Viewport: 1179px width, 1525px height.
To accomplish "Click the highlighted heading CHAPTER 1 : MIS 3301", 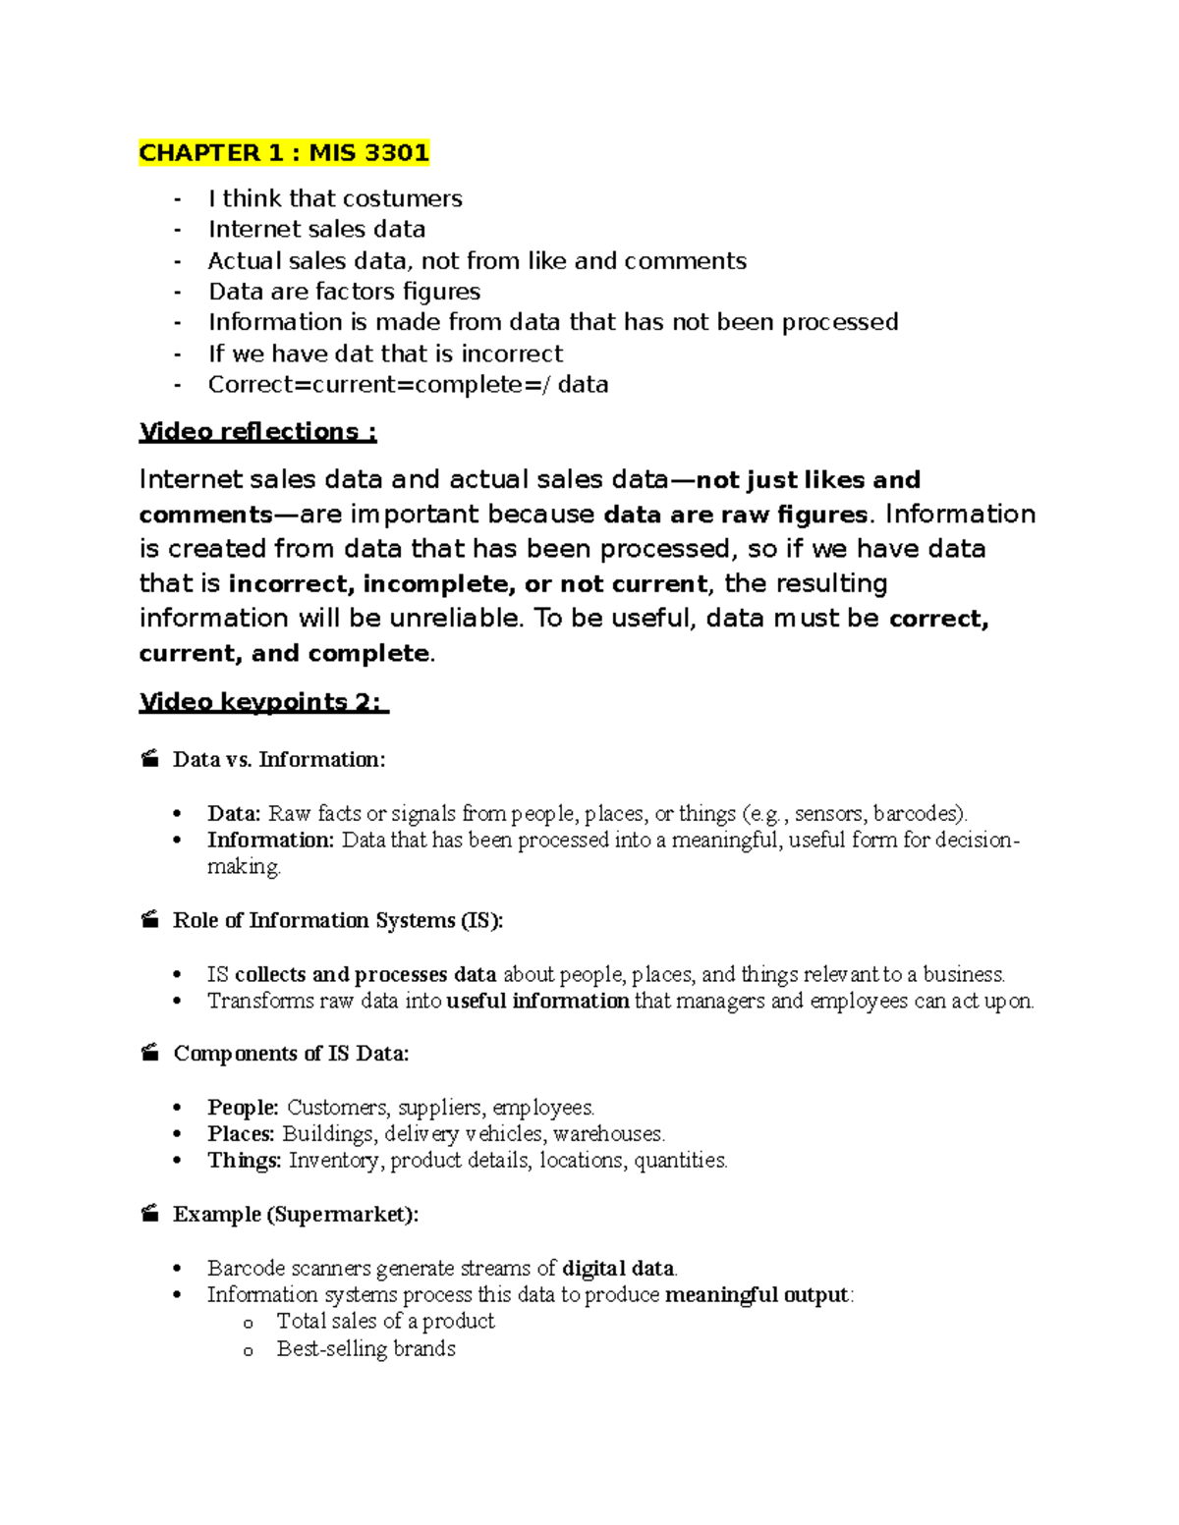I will tap(284, 153).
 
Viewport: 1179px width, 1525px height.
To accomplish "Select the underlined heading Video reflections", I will tap(257, 432).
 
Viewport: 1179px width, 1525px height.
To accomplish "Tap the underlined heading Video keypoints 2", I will tap(263, 702).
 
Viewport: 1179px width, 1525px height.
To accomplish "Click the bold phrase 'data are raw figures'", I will tap(735, 515).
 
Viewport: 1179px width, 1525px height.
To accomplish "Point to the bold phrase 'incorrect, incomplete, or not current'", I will tap(468, 584).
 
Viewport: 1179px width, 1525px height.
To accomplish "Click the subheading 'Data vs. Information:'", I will tap(279, 760).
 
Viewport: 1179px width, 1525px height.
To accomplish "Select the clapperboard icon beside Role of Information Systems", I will tap(149, 920).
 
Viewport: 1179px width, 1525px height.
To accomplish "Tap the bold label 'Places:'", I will tap(241, 1134).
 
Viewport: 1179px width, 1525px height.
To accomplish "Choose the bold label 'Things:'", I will tap(244, 1161).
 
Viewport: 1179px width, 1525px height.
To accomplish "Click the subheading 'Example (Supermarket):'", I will tap(295, 1215).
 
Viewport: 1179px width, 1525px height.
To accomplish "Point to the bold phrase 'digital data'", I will tap(618, 1269).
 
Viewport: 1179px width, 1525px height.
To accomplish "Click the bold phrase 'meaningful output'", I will tap(757, 1295).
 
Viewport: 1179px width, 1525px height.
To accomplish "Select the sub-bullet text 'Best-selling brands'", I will tap(365, 1349).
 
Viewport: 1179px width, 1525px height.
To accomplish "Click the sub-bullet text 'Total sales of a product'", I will tap(385, 1322).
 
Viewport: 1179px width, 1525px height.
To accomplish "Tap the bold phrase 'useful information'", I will tap(537, 1002).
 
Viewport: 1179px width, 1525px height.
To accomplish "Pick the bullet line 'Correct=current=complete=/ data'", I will tap(408, 385).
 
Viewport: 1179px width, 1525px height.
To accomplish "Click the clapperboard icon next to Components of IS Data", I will tap(149, 1054).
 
